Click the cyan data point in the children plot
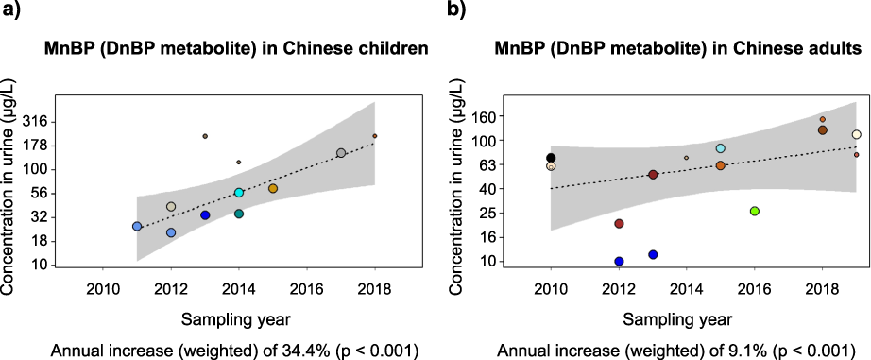pyautogui.click(x=239, y=193)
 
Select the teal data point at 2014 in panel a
pyautogui.click(x=239, y=214)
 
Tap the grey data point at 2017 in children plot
pyautogui.click(x=341, y=153)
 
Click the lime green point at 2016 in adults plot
pyautogui.click(x=754, y=211)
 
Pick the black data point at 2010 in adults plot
pyautogui.click(x=551, y=158)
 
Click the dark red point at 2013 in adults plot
pyautogui.click(x=653, y=175)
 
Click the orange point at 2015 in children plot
pyautogui.click(x=273, y=188)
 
